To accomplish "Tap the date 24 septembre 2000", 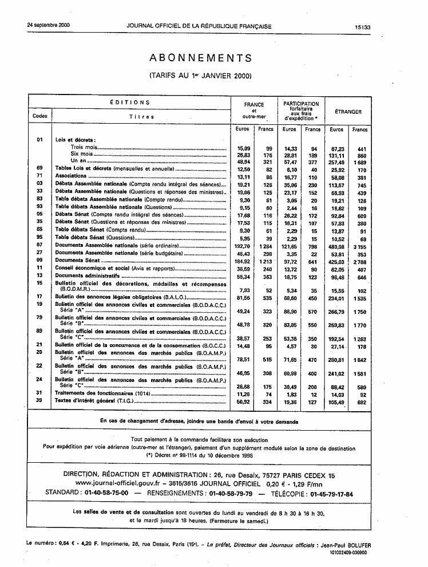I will pyautogui.click(x=48, y=26).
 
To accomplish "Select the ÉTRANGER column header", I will pyautogui.click(x=348, y=112).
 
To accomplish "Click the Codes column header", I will pyautogui.click(x=39, y=116).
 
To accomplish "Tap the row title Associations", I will pyautogui.click(x=70, y=176).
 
